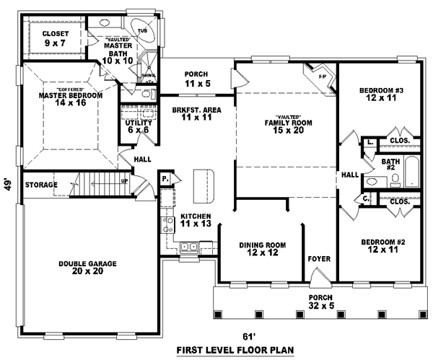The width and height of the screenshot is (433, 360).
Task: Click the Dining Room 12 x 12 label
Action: pos(259,250)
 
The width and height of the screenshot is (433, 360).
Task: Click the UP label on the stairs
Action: pos(125,180)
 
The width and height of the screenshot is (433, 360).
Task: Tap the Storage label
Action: pos(40,185)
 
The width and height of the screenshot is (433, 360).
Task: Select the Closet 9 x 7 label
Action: pos(55,38)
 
